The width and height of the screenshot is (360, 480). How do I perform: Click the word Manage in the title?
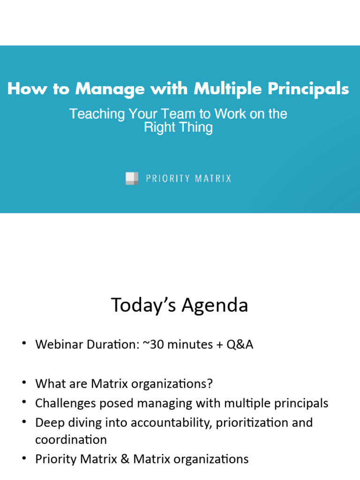point(110,89)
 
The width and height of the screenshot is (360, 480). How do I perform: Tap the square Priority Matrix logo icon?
point(132,179)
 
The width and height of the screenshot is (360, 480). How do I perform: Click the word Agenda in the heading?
point(216,305)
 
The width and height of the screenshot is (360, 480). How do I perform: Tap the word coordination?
point(71,440)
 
